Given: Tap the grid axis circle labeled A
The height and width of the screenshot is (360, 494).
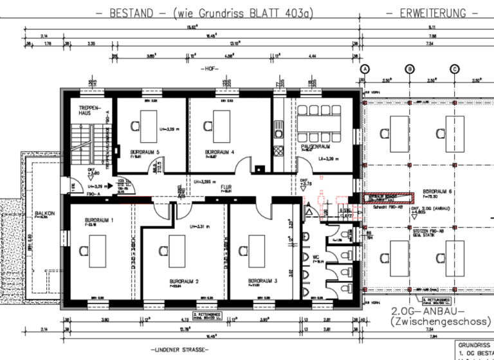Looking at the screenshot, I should [364, 69].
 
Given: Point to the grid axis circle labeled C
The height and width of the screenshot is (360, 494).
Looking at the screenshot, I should [454, 69].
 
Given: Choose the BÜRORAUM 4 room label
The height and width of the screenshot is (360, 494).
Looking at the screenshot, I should [219, 152].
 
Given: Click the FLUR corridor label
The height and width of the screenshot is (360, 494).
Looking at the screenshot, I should [226, 188].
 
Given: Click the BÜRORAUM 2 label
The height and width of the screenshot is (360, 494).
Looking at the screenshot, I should [183, 281].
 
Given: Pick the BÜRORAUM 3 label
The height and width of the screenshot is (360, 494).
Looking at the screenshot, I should [262, 281].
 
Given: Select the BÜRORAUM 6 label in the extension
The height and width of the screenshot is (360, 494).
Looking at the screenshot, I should [436, 192].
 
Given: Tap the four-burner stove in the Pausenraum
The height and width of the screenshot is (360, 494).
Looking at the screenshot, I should [279, 151].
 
